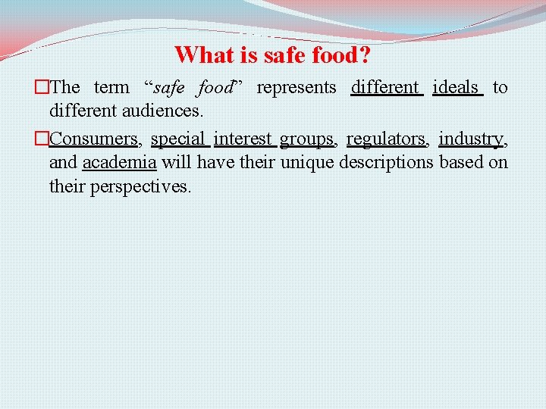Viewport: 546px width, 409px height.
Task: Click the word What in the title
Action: point(199,55)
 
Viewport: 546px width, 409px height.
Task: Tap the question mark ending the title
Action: point(365,55)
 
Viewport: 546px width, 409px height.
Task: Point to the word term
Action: point(111,88)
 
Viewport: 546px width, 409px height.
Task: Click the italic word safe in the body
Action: point(168,88)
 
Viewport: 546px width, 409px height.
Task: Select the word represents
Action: point(296,88)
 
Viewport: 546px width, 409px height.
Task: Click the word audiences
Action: point(161,111)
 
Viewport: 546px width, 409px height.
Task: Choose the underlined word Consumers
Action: point(93,139)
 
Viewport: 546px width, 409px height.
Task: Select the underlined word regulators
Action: point(386,139)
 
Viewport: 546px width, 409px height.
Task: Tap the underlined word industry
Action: point(470,139)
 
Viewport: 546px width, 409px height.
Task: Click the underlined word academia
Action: point(119,163)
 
